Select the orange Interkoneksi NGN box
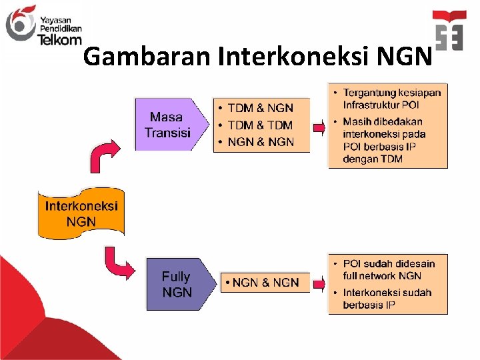pos(81,213)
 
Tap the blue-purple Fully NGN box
pos(177,285)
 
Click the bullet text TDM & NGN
pos(260,108)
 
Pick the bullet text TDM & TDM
pos(260,125)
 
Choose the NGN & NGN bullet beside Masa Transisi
pos(261,141)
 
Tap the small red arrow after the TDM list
pos(319,126)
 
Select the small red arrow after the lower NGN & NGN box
pos(319,283)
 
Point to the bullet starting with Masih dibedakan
pos(383,122)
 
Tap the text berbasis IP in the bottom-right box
pos(369,305)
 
